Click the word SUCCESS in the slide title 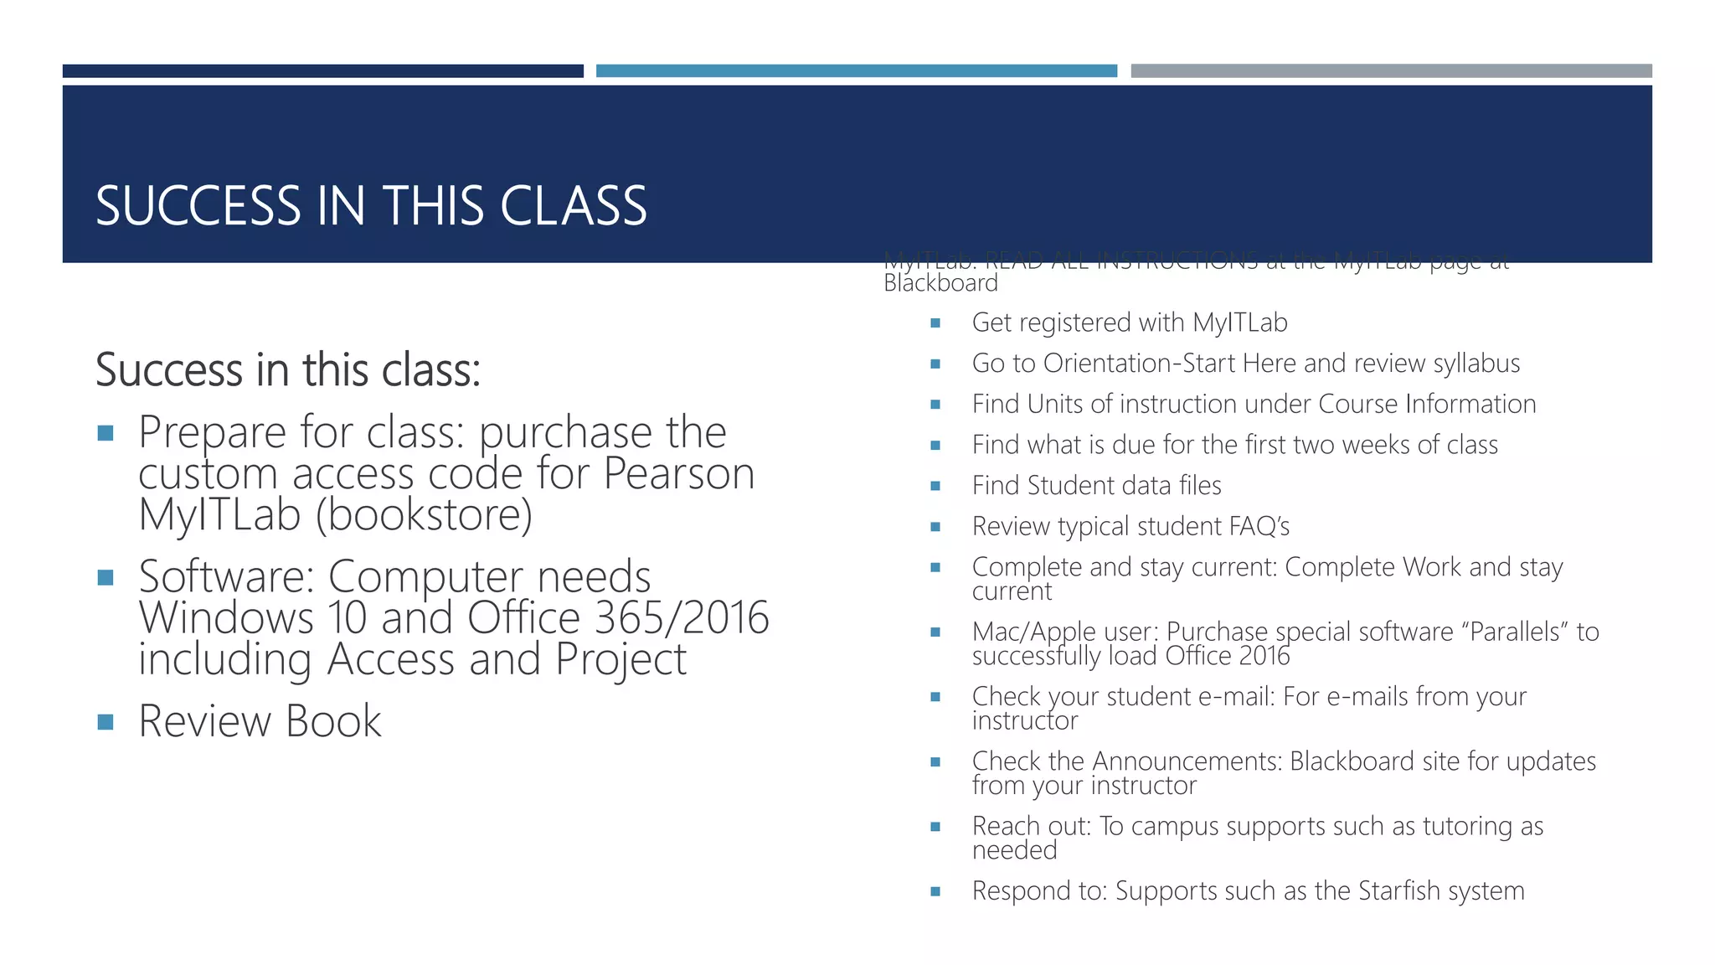(198, 206)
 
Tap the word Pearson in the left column (678, 474)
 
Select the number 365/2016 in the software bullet (681, 618)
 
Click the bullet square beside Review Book (106, 722)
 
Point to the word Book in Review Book (333, 721)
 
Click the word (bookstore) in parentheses (424, 515)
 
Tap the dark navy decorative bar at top (322, 71)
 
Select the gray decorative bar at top (1391, 71)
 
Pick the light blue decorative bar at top (856, 71)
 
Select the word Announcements (1187, 761)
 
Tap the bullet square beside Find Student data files (935, 486)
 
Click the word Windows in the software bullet (226, 618)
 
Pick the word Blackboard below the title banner (940, 284)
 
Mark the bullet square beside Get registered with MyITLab (935, 323)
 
